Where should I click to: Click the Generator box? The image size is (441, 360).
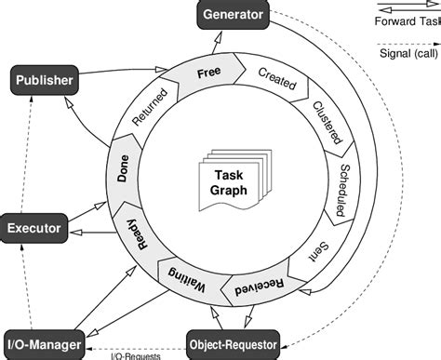coord(233,15)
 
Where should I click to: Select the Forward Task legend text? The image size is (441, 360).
coord(408,20)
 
